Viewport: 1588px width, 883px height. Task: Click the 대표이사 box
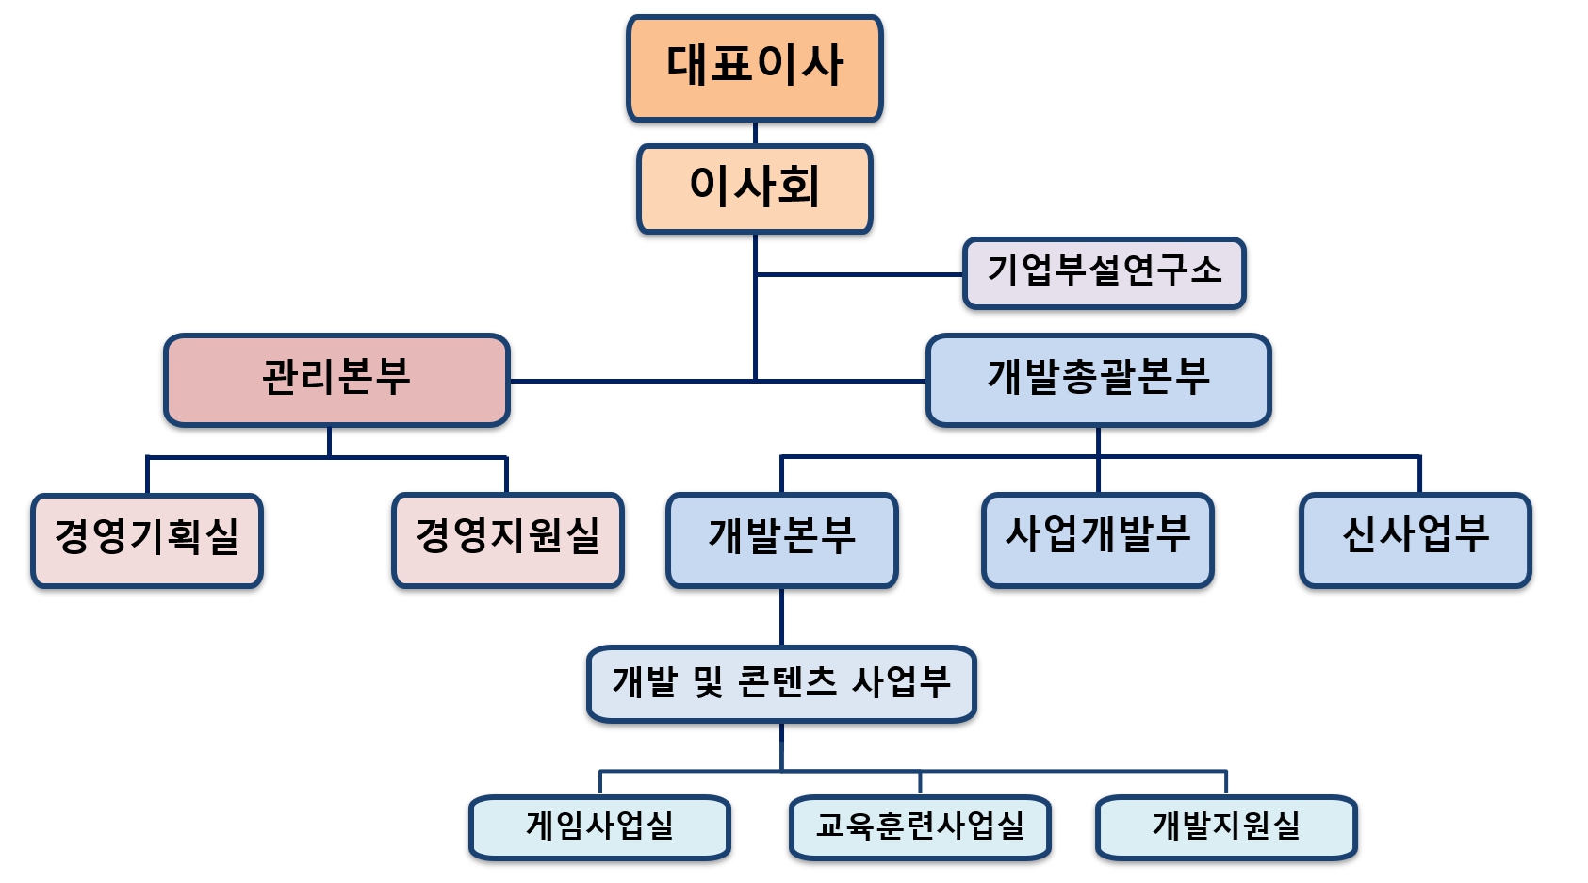[754, 67]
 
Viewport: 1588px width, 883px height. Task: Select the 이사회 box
[754, 188]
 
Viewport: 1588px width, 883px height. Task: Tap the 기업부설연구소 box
[1104, 272]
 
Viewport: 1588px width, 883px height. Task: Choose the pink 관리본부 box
[336, 379]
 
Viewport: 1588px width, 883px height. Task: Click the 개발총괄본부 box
[1098, 379]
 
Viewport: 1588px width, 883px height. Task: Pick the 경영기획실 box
[147, 540]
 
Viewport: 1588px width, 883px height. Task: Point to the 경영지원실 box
[508, 539]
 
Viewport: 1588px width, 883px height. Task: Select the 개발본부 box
[781, 539]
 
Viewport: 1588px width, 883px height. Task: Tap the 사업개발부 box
[1097, 539]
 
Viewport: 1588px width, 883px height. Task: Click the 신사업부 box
[1415, 539]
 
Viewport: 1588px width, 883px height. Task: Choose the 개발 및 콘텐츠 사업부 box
[781, 683]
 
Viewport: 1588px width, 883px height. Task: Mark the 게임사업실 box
[599, 827]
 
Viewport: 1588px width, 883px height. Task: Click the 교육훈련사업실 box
[920, 827]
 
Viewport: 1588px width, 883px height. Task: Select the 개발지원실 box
[1225, 827]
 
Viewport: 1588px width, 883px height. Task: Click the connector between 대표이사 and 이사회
[755, 133]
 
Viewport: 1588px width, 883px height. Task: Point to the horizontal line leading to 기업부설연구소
[858, 274]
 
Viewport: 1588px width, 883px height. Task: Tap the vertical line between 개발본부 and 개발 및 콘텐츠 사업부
[781, 617]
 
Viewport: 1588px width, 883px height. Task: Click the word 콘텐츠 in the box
[788, 682]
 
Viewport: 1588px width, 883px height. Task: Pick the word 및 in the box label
[708, 682]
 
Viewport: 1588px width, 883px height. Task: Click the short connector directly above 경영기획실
[148, 476]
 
